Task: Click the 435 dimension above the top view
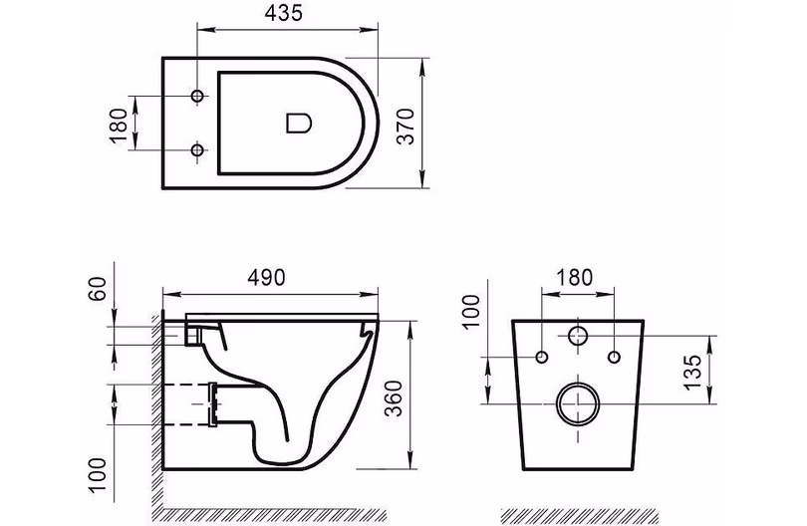point(284,13)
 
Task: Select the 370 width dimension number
point(406,127)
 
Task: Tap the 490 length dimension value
point(266,277)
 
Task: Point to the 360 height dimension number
point(394,397)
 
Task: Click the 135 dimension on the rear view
point(693,371)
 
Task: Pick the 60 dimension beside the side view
point(98,289)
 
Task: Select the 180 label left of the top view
point(119,126)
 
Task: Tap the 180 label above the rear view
point(575,277)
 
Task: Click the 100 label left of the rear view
point(471,311)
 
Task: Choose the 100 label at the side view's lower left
point(98,474)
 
